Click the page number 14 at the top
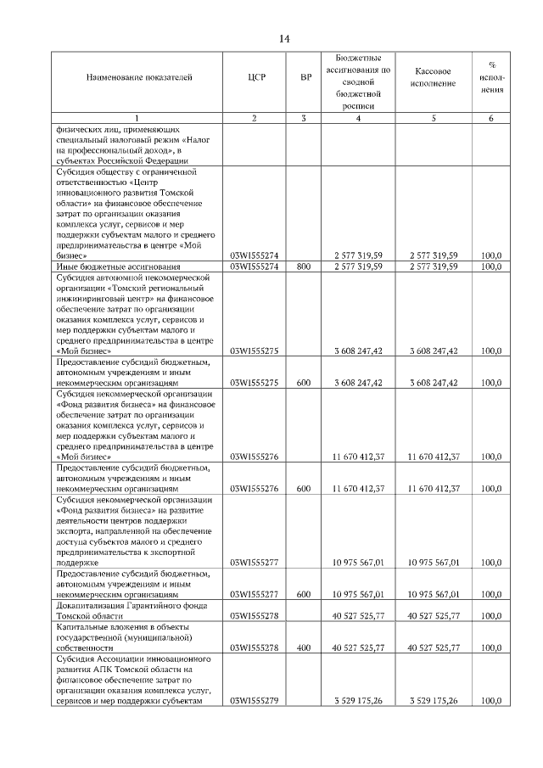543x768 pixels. coord(283,39)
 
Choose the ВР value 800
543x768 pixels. coord(305,266)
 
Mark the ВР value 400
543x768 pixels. coord(305,647)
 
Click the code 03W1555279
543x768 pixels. coord(255,701)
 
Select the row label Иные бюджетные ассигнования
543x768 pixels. coord(103,266)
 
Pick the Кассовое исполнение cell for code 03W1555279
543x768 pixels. coord(434,701)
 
